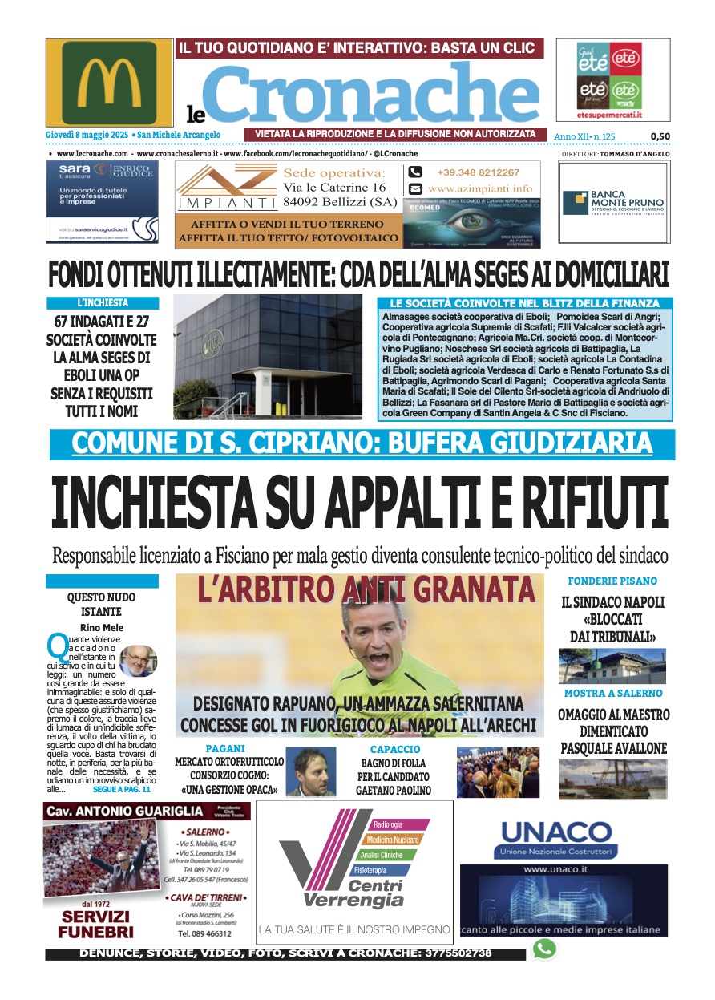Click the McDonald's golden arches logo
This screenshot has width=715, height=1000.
tap(109, 83)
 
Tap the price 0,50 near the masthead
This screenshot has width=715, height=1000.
tap(660, 136)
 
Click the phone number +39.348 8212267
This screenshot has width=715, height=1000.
tap(478, 172)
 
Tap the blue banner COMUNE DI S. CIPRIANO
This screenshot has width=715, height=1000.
tap(362, 443)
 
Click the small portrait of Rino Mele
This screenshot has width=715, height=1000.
tap(138, 660)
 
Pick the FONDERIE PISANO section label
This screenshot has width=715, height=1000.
tap(612, 581)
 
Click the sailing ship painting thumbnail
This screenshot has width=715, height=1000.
tap(612, 778)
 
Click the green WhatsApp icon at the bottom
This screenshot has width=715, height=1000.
tap(544, 949)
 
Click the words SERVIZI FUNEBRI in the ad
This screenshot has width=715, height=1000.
tap(96, 925)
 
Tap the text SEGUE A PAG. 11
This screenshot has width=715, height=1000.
tap(121, 789)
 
